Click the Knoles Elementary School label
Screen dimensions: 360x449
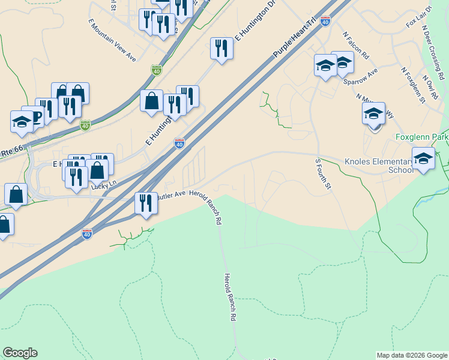click(379, 166)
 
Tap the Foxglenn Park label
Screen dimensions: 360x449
click(422, 137)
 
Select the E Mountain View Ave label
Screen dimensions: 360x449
click(112, 40)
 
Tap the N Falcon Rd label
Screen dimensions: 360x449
click(356, 44)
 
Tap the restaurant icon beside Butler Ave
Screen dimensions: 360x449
click(145, 203)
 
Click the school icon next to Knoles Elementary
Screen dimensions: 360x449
click(423, 159)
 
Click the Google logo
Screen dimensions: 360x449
click(20, 353)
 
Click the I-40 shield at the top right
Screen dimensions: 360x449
click(325, 21)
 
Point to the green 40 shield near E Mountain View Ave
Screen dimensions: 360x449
click(157, 70)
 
